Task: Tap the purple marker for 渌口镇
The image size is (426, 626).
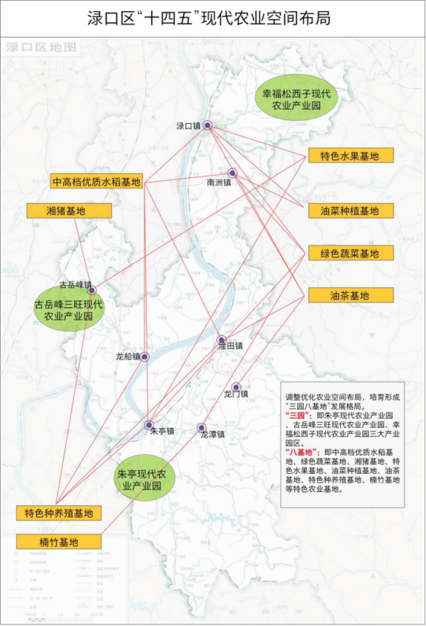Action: coord(208,125)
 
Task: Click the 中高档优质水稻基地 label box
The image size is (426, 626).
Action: coord(97,182)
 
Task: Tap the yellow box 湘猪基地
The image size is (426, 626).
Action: coord(69,211)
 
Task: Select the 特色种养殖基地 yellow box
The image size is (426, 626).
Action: coord(59,513)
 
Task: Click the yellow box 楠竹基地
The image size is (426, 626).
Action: coord(59,542)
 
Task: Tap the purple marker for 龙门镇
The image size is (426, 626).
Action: coord(236,387)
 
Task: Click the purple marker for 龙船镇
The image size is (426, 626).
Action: coord(144,357)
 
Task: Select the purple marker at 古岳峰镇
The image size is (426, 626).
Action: coord(92,291)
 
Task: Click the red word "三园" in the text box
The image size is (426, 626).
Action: coord(297,415)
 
